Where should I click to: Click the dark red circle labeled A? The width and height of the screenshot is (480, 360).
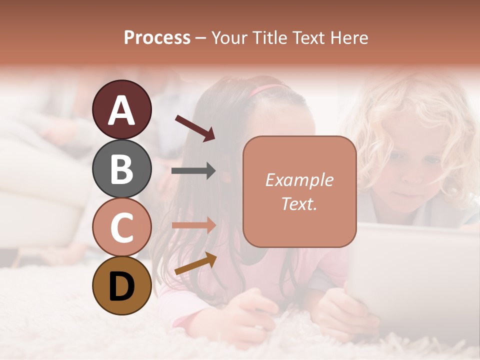[122, 110]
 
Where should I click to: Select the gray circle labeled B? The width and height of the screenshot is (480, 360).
[122, 168]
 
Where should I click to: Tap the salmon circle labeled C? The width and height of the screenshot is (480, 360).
[122, 227]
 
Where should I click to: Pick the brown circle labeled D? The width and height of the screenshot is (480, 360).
[122, 286]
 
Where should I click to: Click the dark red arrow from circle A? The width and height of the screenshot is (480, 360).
[195, 128]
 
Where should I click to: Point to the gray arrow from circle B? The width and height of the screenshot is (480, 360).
[193, 171]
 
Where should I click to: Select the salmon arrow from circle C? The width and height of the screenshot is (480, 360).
[193, 225]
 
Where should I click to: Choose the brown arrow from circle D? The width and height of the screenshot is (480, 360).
[195, 263]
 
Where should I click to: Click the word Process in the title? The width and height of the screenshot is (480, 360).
[157, 38]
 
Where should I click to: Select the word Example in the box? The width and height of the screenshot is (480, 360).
[299, 180]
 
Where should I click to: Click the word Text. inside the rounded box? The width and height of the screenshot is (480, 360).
[299, 204]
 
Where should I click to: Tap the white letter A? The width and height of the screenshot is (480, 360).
[122, 110]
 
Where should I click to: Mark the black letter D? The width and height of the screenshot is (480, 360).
[122, 286]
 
